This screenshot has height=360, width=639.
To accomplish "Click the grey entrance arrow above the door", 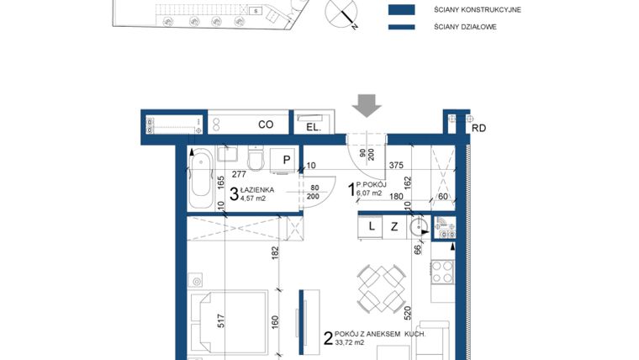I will pyautogui.click(x=367, y=105).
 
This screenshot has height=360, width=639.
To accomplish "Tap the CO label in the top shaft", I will pyautogui.click(x=266, y=124).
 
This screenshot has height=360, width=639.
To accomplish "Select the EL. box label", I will pyautogui.click(x=312, y=127).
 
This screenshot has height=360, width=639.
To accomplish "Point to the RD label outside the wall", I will pyautogui.click(x=479, y=128).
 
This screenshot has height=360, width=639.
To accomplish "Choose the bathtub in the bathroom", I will pyautogui.click(x=202, y=178).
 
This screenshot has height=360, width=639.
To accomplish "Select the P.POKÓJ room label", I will pyautogui.click(x=371, y=185).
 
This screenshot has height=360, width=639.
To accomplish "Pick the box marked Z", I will pyautogui.click(x=393, y=225).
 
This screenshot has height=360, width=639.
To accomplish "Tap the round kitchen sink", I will pyautogui.click(x=418, y=226).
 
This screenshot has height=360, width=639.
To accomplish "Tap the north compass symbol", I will pyautogui.click(x=345, y=13).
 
